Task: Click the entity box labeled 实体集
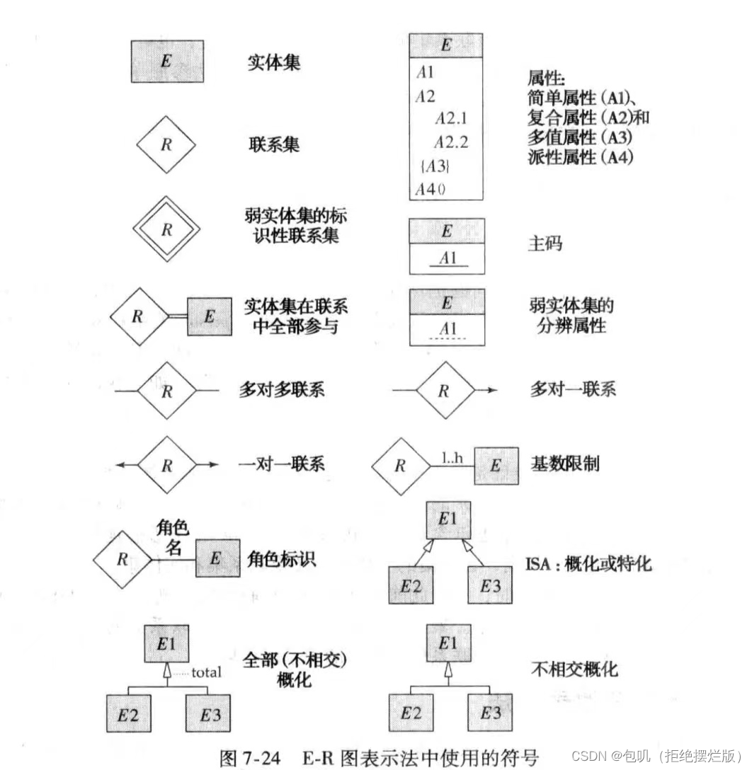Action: (167, 61)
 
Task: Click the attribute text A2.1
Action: (451, 118)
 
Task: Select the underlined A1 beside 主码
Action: (448, 258)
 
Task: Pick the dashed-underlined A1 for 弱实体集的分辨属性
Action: (448, 328)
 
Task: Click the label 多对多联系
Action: (282, 389)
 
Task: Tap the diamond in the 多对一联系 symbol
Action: (444, 391)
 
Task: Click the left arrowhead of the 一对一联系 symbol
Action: (120, 465)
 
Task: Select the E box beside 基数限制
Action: (495, 466)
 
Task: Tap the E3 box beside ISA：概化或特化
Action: (490, 585)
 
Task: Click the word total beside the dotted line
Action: (206, 672)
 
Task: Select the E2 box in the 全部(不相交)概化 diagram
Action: (128, 715)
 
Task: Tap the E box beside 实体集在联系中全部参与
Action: (209, 316)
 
